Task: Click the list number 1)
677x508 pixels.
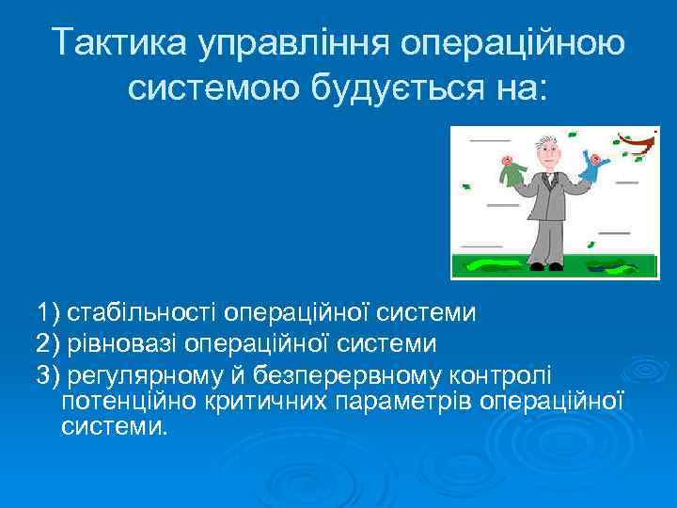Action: (48, 310)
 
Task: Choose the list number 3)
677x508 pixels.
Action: (48, 375)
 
